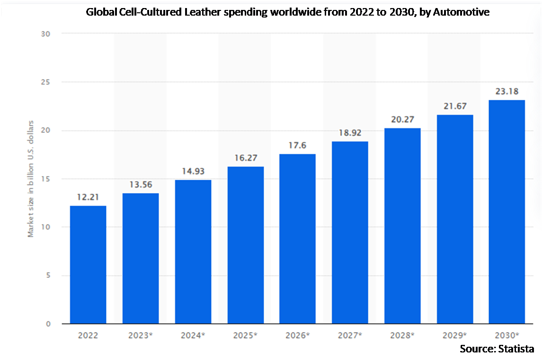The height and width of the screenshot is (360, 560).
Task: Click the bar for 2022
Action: point(88,265)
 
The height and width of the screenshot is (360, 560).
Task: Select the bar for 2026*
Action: point(297,239)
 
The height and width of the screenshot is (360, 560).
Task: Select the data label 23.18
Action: point(507,92)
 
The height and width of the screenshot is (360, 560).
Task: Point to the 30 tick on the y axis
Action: point(46,34)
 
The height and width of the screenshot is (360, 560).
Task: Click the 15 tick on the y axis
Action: point(46,179)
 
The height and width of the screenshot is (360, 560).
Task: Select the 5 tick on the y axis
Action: point(48,275)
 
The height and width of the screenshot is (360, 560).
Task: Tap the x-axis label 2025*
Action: point(245,336)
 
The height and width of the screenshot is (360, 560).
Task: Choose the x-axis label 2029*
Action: point(454,336)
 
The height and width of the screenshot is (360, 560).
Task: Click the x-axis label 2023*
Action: point(141,336)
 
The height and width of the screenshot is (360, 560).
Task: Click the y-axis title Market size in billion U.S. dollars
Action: point(31,179)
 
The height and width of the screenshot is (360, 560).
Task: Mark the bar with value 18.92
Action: point(350,232)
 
